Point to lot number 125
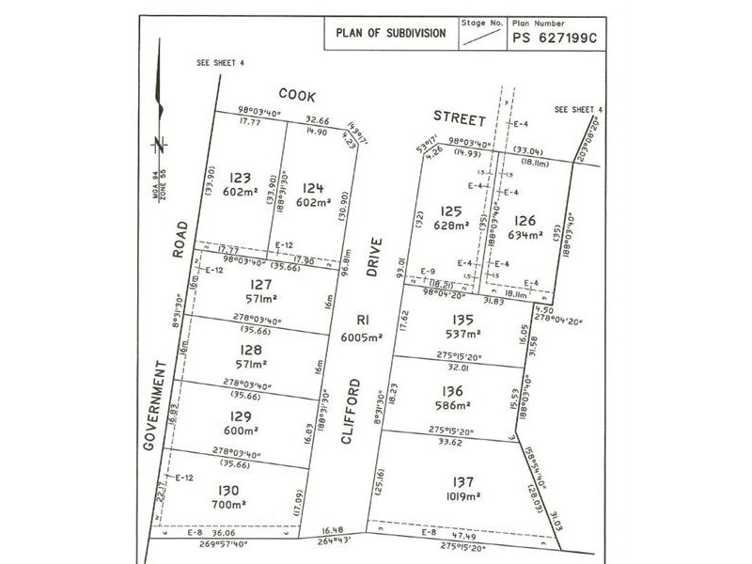click(x=452, y=211)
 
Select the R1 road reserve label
click(x=363, y=320)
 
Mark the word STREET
click(x=458, y=118)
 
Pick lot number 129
click(x=240, y=415)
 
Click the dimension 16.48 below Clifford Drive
click(x=335, y=531)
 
